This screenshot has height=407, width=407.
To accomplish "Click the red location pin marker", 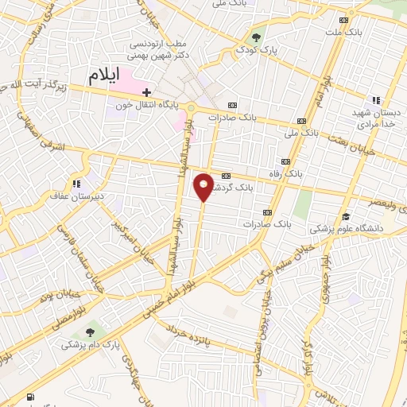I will (203, 186).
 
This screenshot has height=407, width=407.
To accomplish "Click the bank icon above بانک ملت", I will (343, 21).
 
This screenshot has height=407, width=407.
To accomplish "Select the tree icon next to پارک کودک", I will (256, 36).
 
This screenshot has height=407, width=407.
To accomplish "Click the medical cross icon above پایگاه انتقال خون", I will (147, 93).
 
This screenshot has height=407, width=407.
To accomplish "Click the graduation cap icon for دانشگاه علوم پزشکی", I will (346, 215).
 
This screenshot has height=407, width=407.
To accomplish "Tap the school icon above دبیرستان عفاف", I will (76, 184).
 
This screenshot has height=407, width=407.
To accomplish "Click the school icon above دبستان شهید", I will (375, 100).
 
